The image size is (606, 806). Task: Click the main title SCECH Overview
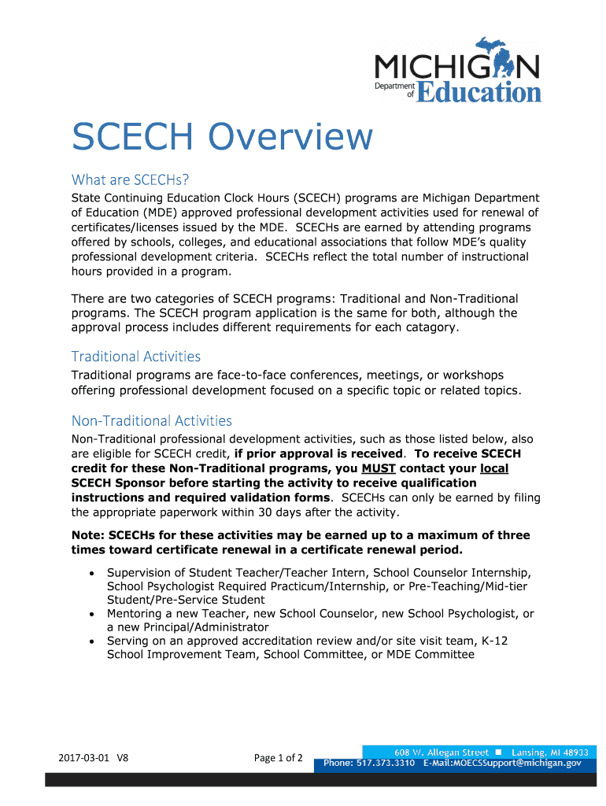click(221, 137)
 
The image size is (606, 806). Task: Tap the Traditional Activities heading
click(136, 357)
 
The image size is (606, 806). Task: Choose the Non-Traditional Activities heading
click(152, 421)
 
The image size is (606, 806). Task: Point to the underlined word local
click(493, 468)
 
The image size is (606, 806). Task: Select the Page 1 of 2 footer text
click(279, 758)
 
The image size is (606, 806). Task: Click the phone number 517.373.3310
click(385, 763)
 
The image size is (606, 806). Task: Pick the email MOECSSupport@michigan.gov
click(512, 763)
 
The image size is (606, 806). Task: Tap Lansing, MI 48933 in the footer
click(550, 752)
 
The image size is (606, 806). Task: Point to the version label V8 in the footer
click(122, 759)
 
